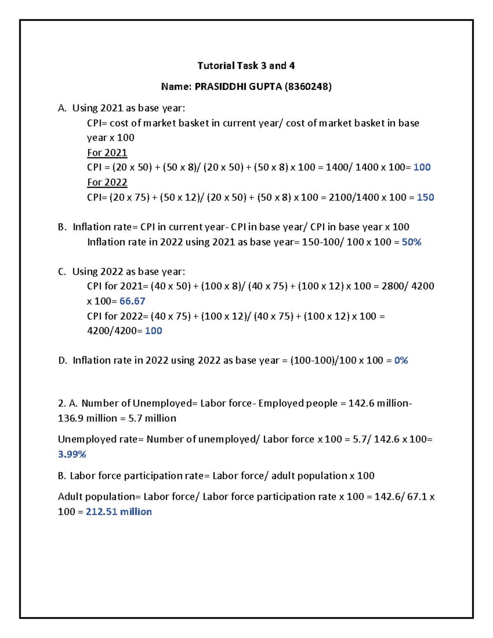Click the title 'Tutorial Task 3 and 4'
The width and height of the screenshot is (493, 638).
pos(246,66)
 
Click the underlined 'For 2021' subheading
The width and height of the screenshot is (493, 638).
pos(107,153)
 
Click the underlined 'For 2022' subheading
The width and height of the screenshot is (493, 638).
pos(107,182)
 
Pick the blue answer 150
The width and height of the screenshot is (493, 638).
pos(425,198)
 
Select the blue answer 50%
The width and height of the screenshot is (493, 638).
pos(411,242)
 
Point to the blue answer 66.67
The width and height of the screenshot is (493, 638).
pos(132,301)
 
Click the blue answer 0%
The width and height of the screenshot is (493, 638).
pos(401,361)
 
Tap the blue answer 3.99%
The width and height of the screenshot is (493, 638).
pos(72,454)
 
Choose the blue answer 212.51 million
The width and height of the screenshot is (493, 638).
pos(119,512)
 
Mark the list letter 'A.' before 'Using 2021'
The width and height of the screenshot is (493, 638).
pos(62,108)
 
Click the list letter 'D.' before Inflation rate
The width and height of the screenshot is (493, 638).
pos(62,361)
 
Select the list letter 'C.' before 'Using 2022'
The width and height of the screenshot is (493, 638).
pos(62,272)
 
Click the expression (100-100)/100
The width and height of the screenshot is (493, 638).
pos(323,361)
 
